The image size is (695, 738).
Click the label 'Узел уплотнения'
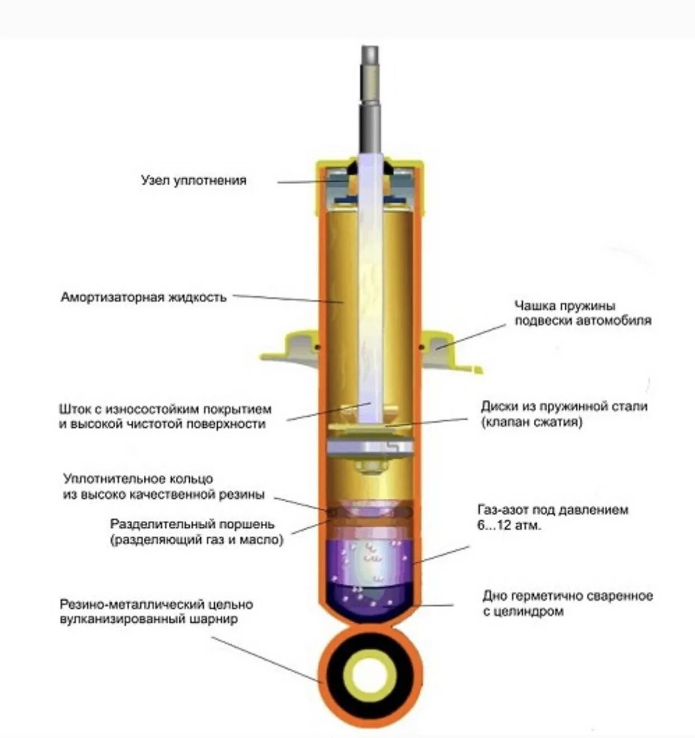click(194, 181)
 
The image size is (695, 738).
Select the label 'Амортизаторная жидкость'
click(144, 297)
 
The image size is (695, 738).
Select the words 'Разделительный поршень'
click(192, 524)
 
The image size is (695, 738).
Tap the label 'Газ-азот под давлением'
click(552, 509)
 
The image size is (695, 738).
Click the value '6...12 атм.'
click(509, 526)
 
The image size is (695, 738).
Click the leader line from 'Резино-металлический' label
click(267, 660)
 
